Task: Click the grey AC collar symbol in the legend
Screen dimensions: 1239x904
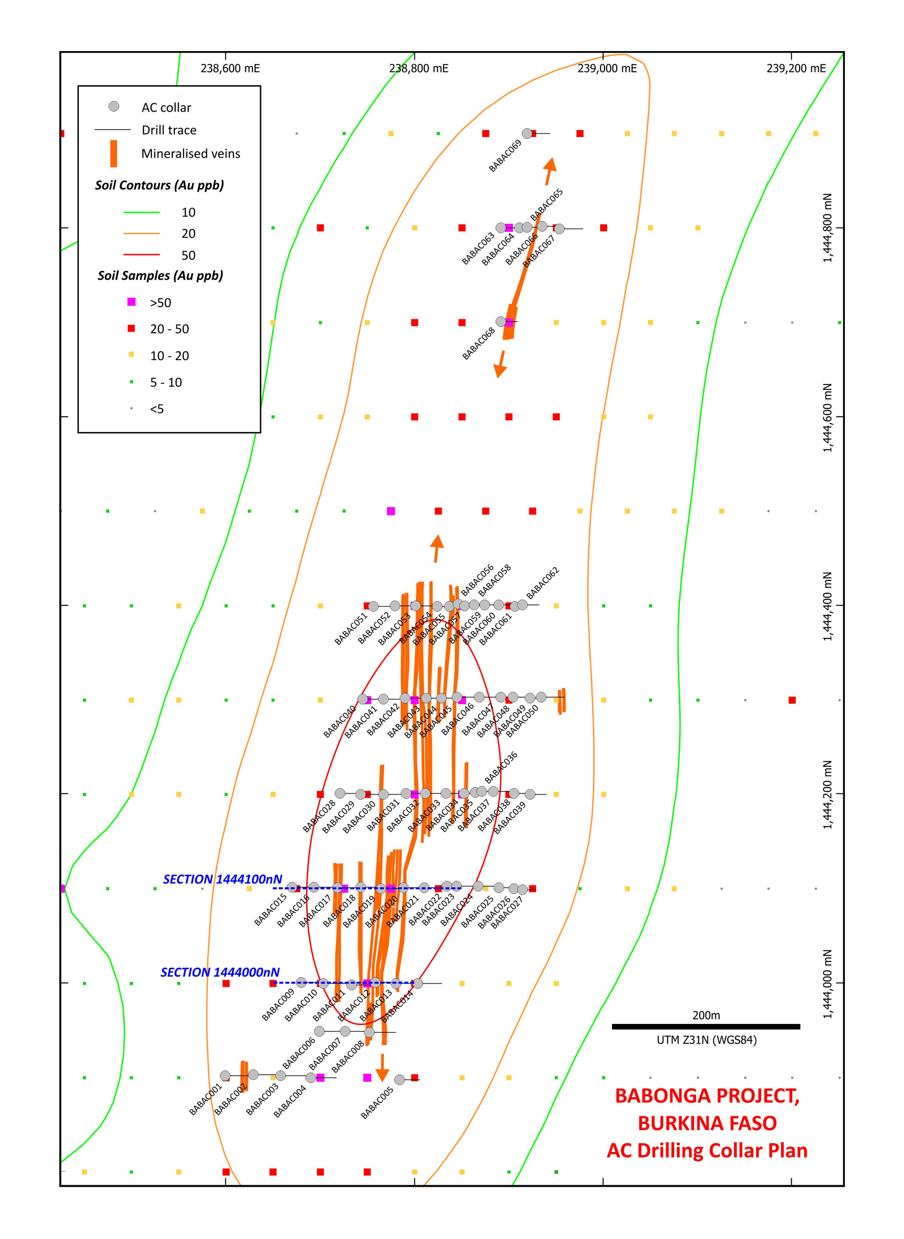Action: coord(114,106)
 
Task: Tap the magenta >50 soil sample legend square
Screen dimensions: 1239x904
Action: coord(131,302)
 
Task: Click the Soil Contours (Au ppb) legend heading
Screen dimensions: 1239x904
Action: coord(159,185)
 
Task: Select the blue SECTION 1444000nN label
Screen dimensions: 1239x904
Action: coord(220,973)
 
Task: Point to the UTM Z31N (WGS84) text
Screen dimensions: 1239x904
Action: coord(706,1040)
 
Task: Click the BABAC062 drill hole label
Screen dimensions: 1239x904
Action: coord(543,583)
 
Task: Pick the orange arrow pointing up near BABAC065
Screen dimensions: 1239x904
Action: coord(549,170)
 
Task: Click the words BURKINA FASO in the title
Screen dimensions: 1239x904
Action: coord(707,1123)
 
